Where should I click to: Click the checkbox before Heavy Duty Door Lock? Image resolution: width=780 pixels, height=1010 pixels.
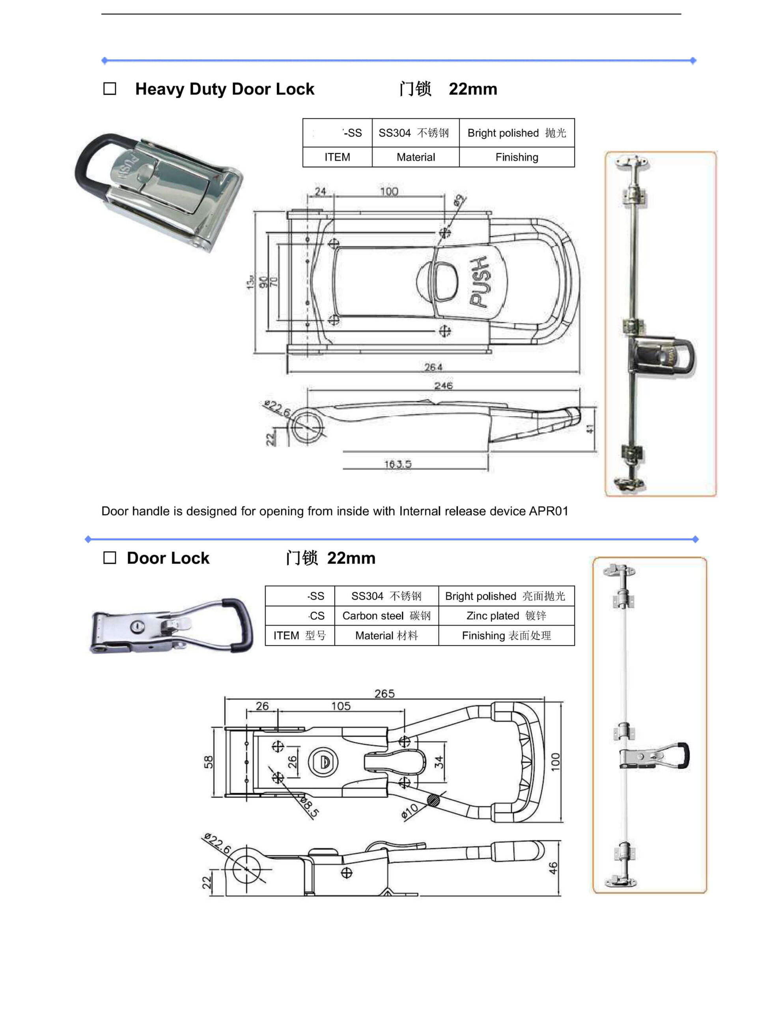click(110, 88)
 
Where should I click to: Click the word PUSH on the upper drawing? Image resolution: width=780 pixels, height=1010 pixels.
click(480, 282)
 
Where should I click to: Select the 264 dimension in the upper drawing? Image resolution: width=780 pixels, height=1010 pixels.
click(433, 367)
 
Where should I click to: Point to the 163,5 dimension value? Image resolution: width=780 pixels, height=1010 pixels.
click(397, 464)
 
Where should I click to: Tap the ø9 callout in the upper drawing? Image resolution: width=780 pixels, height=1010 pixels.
click(458, 200)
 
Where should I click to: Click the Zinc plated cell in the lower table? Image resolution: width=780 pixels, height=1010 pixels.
click(506, 615)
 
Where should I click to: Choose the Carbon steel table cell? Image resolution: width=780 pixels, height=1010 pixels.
click(386, 615)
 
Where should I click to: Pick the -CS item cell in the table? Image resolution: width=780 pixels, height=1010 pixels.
click(317, 615)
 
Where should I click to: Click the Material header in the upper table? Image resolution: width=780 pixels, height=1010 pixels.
click(415, 157)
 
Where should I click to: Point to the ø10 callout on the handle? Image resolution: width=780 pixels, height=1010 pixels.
click(410, 811)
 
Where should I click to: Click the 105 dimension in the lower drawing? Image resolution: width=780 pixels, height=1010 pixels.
click(341, 706)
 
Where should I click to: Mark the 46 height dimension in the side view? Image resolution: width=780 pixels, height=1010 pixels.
click(553, 868)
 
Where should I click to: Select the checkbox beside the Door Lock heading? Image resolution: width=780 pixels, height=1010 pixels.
click(110, 558)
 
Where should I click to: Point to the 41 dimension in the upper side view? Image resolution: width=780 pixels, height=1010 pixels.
click(590, 429)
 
